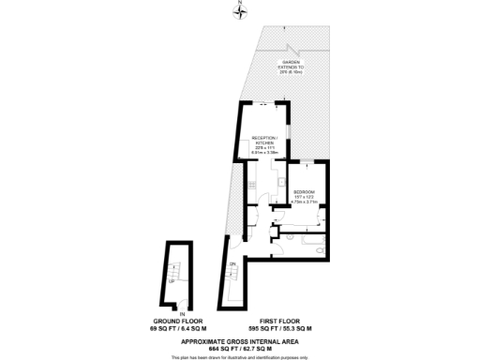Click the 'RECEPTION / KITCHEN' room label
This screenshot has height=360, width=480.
click(x=265, y=141)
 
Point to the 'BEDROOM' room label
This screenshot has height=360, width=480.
click(x=303, y=192)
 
